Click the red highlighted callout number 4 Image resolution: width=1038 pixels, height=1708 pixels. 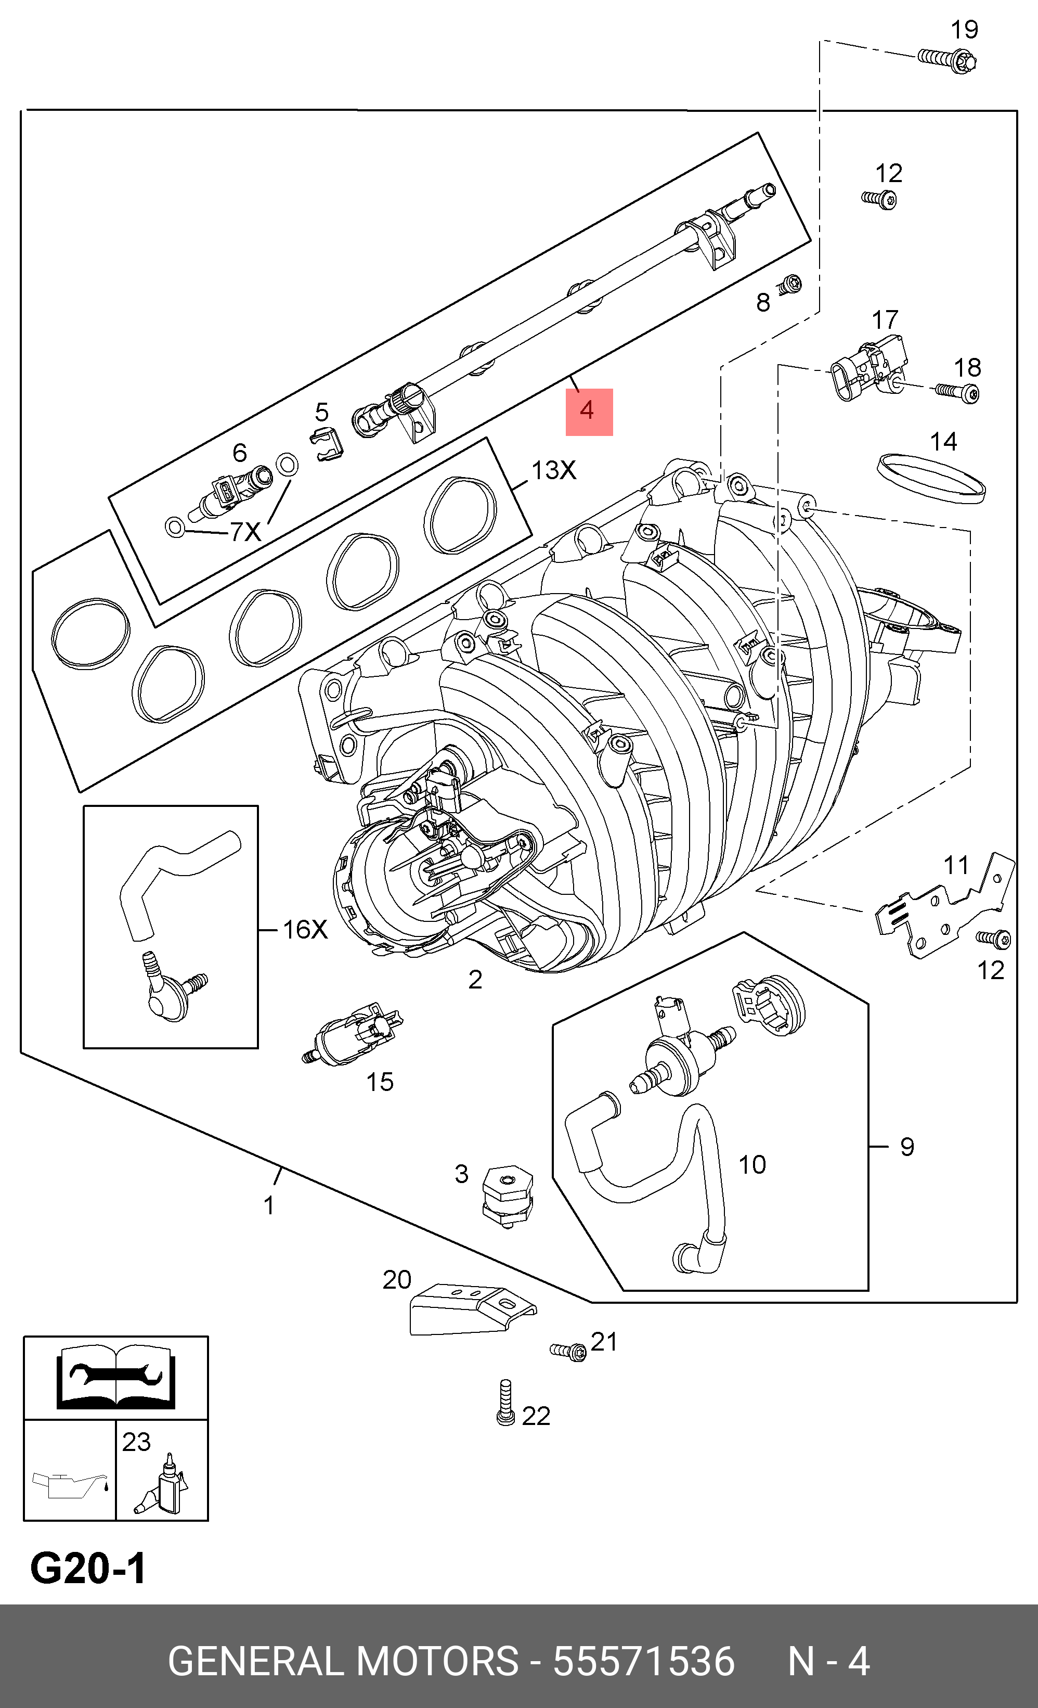(588, 411)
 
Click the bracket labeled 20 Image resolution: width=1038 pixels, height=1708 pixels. (471, 1309)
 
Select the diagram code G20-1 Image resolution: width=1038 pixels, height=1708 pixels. (88, 1569)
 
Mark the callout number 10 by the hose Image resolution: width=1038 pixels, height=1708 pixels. (752, 1164)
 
